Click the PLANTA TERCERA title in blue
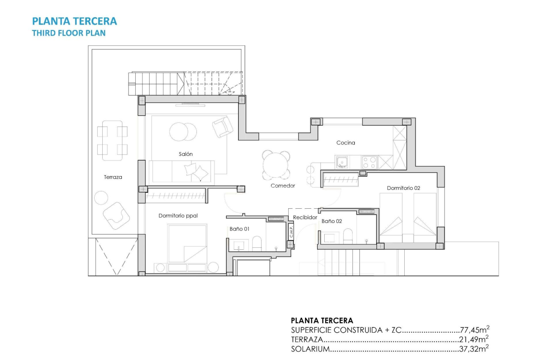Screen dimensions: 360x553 (74, 21)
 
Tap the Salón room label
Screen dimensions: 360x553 (186, 154)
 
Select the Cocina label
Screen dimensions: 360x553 (346, 143)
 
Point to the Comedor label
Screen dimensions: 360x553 (283, 186)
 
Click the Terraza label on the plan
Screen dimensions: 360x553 (113, 177)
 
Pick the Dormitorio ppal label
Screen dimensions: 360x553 (178, 216)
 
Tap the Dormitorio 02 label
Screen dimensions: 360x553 (403, 188)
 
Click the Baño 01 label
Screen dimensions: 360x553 (240, 229)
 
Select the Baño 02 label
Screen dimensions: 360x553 (332, 220)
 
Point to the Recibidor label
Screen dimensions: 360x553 (305, 218)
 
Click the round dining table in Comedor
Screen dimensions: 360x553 (276, 165)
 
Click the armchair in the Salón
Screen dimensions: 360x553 (222, 127)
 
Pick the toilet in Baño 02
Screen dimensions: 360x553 (348, 236)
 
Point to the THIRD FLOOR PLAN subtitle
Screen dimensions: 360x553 (69, 33)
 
